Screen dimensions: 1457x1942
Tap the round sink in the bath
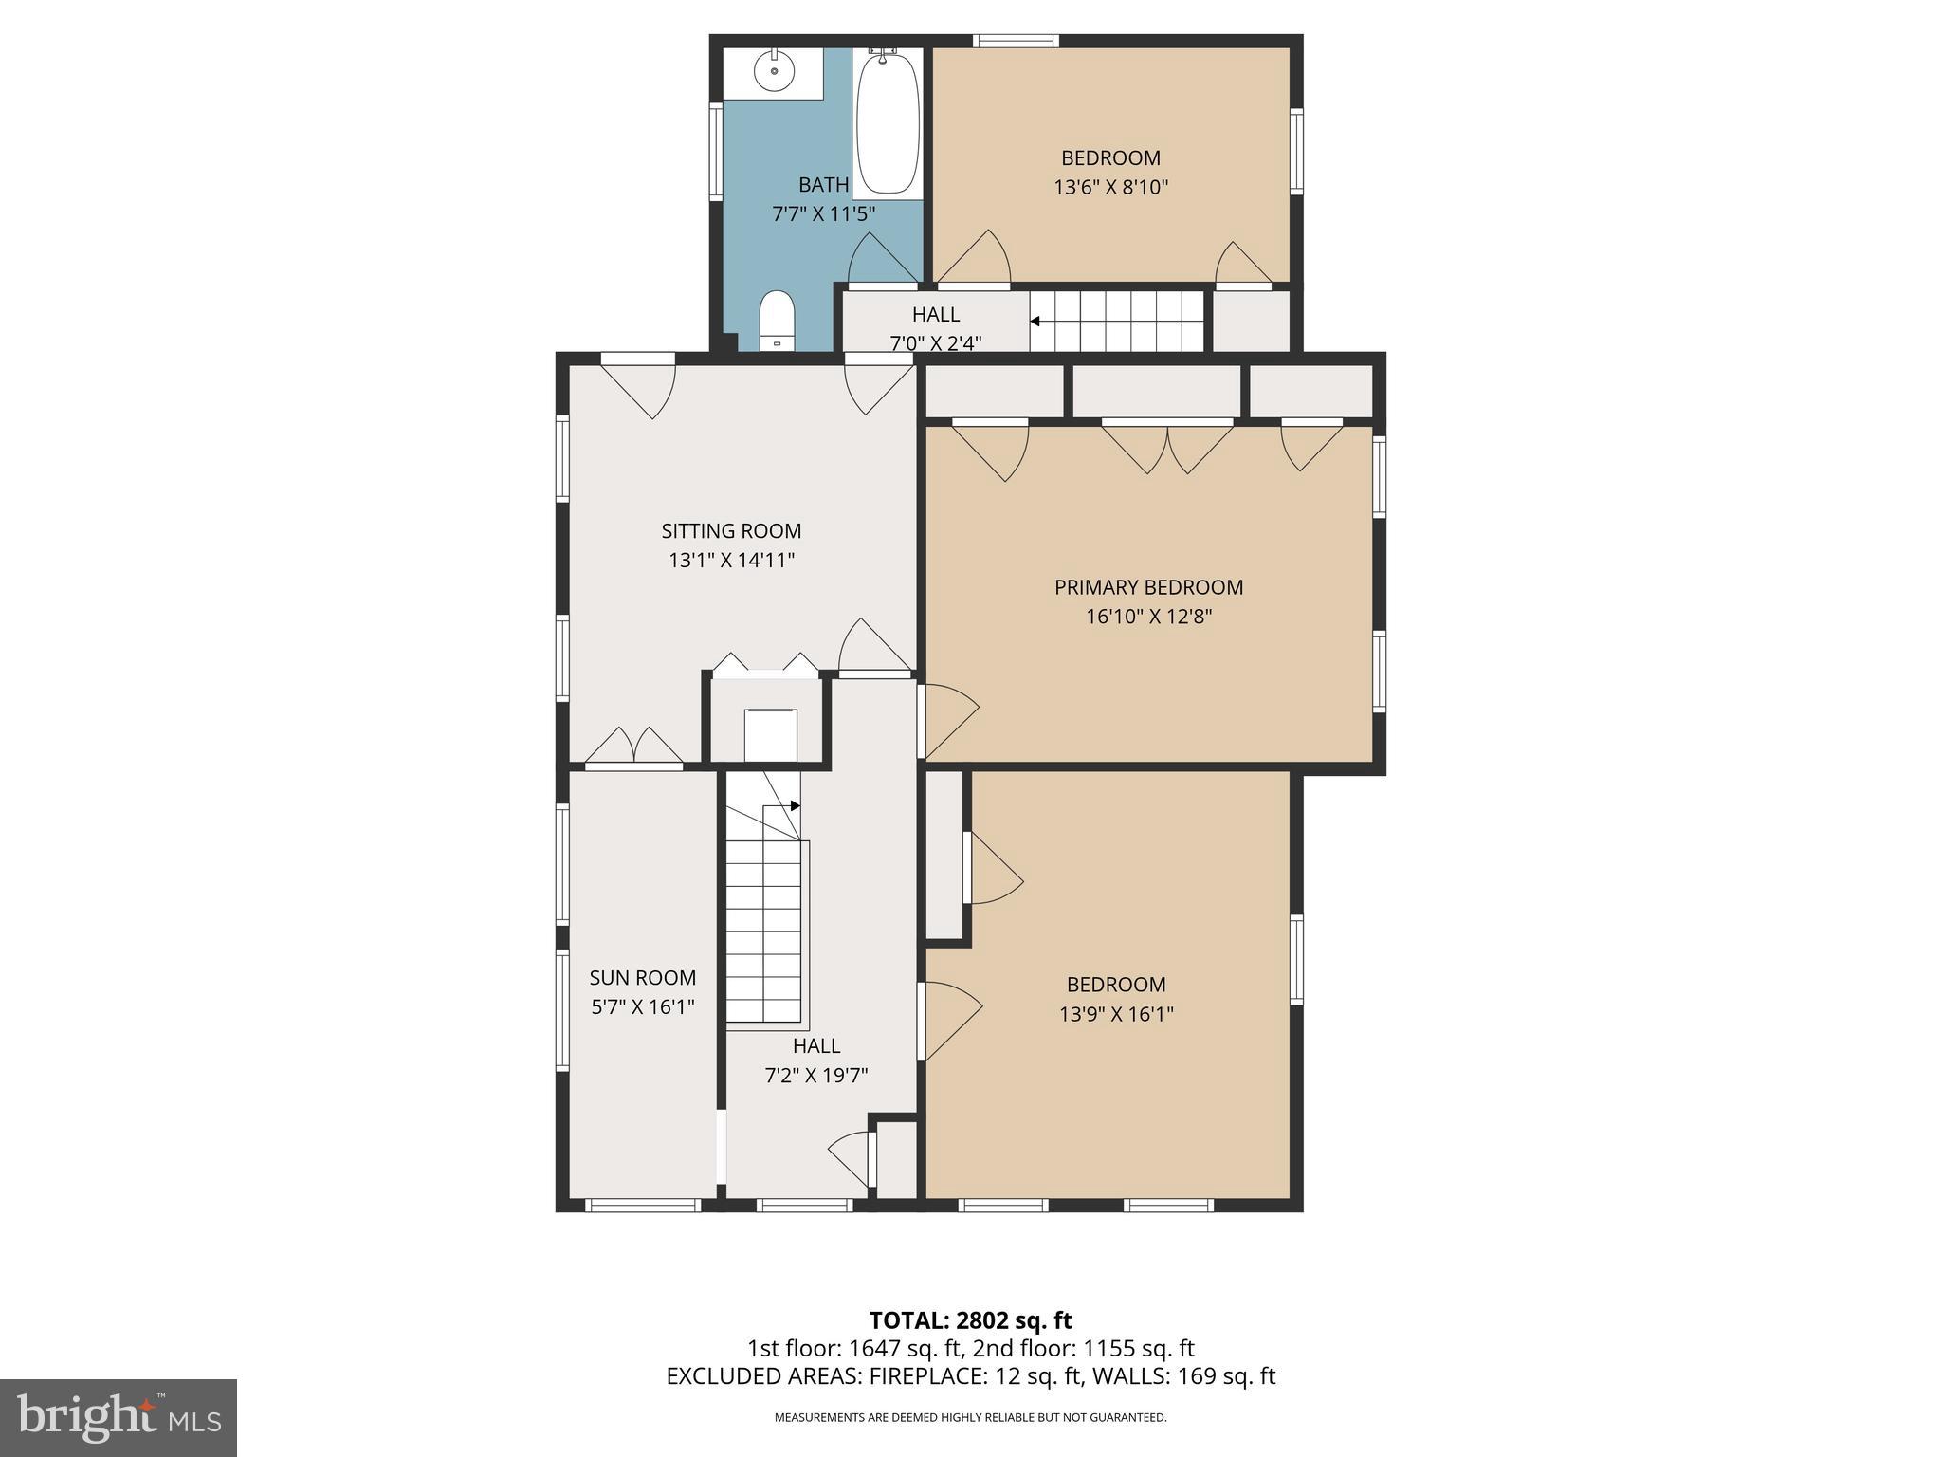[774, 71]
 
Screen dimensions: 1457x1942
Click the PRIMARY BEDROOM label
[1148, 587]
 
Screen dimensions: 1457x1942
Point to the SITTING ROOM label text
[731, 531]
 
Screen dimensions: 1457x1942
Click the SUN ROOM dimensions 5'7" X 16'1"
[643, 1006]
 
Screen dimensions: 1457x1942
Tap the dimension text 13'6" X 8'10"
[1110, 188]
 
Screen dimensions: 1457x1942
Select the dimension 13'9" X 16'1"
[1116, 1014]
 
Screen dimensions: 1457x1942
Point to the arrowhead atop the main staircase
[795, 805]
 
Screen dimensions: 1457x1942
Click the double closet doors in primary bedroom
[1167, 447]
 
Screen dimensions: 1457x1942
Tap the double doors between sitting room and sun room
[633, 746]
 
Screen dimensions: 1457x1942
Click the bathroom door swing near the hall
[882, 260]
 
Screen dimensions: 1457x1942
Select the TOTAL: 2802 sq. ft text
[970, 1320]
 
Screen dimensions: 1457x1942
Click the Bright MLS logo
[118, 1417]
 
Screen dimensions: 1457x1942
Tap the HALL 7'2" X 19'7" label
[816, 1060]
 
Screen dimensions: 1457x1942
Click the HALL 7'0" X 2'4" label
[935, 327]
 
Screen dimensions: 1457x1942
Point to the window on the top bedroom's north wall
[1016, 41]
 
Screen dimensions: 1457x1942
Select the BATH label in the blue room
[823, 185]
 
